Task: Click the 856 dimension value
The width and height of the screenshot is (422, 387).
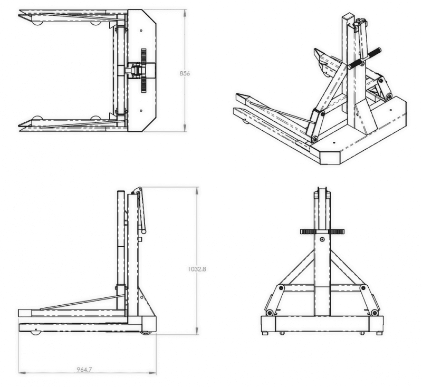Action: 185,73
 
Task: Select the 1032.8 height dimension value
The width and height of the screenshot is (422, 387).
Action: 197,269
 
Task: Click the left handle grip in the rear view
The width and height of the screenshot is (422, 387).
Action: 307,231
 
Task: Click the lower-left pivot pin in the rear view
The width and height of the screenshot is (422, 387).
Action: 270,313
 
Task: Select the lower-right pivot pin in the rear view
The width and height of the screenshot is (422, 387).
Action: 374,313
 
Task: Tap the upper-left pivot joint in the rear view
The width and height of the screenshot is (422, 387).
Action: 282,287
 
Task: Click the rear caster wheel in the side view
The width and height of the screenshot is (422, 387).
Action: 147,332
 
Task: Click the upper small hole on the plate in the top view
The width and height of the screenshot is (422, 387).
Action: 141,31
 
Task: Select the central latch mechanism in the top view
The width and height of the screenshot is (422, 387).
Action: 136,70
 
